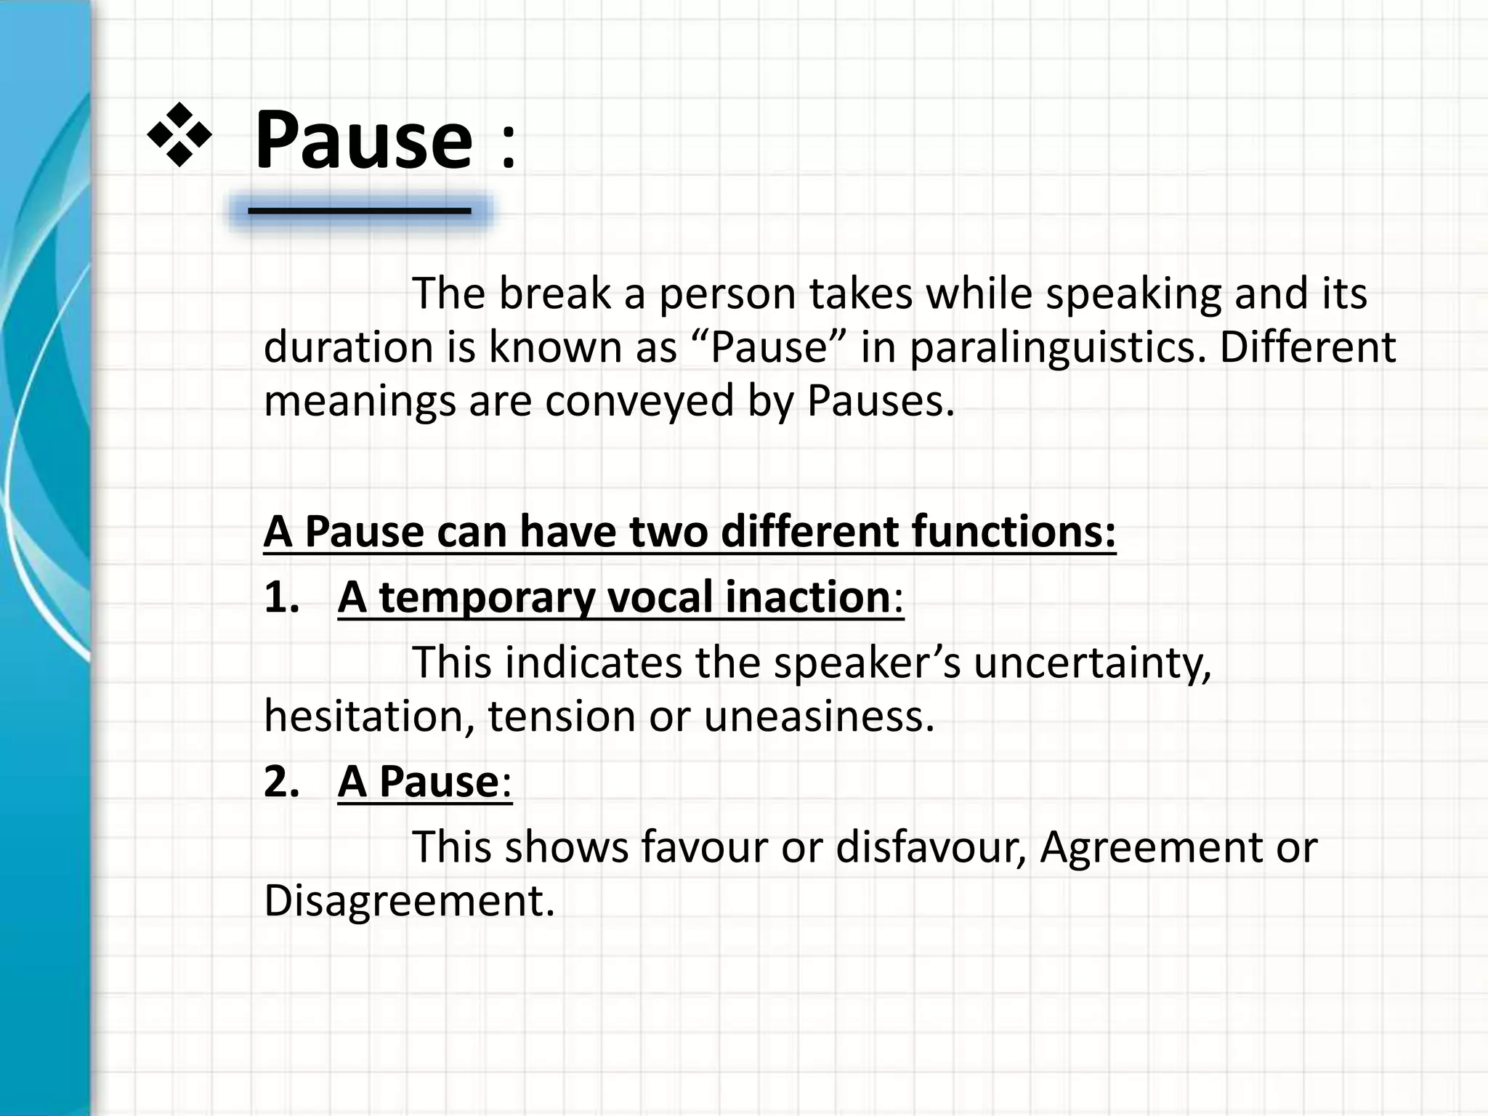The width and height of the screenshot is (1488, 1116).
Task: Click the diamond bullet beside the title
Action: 179,135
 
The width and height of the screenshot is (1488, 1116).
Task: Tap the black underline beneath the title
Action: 359,211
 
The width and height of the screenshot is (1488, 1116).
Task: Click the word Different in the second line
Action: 1308,347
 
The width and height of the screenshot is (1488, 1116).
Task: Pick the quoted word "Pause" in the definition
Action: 769,347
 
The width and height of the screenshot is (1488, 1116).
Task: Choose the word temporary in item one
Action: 487,599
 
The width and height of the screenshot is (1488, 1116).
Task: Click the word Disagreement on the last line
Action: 409,902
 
